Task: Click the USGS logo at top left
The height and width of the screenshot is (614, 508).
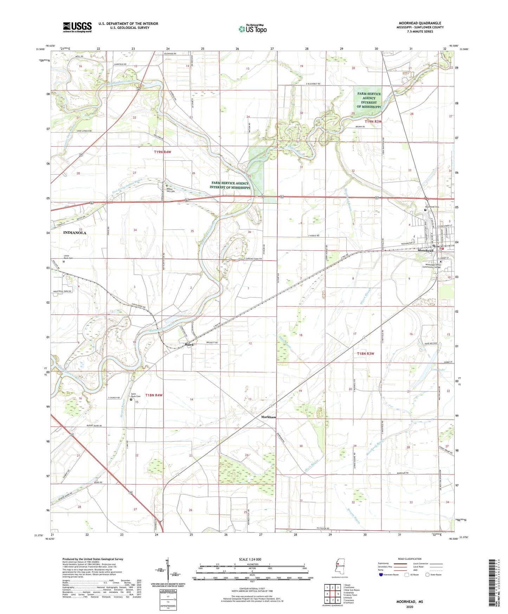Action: [77, 27]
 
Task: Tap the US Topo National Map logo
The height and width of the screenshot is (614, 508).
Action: [252, 28]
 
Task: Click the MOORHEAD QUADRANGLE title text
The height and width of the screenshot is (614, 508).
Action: [420, 23]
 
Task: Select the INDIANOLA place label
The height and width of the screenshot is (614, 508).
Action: [75, 233]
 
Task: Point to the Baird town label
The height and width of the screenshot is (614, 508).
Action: [189, 345]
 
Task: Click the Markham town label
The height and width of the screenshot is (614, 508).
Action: [269, 417]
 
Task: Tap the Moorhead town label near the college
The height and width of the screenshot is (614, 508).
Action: [425, 251]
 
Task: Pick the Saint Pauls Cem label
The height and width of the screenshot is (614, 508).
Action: [136, 395]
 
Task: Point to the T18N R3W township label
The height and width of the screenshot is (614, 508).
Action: [365, 353]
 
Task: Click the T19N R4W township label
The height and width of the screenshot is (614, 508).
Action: [162, 152]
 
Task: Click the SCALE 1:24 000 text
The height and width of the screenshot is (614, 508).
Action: [250, 559]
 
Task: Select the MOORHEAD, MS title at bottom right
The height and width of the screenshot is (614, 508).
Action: [410, 602]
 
